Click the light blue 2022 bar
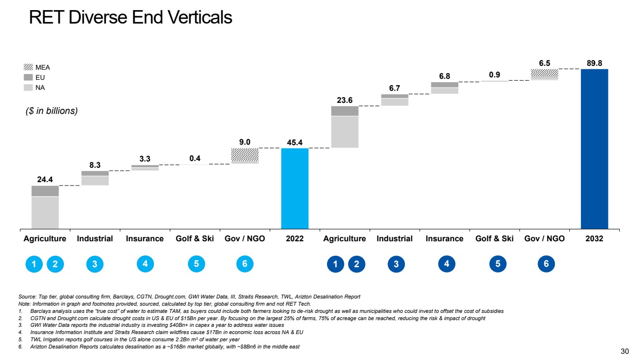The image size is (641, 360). (x=295, y=188)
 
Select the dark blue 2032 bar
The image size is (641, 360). (x=594, y=149)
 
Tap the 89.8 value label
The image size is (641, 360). (x=594, y=62)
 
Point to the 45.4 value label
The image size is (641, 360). (x=295, y=142)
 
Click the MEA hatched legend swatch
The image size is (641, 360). (x=28, y=67)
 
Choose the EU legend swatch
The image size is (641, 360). (x=28, y=77)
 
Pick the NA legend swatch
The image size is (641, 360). (x=28, y=87)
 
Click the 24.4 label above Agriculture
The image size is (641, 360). (x=45, y=179)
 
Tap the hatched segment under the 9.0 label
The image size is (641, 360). (x=245, y=155)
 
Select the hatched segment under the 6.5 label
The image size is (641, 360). (x=544, y=73)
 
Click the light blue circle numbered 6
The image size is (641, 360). (x=245, y=264)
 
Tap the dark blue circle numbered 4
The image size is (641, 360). (x=447, y=264)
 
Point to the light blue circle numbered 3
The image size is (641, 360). (x=95, y=264)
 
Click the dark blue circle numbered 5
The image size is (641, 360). (x=497, y=264)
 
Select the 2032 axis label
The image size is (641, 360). (x=594, y=239)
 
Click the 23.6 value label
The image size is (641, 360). (x=344, y=100)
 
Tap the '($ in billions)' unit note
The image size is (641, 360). (x=51, y=111)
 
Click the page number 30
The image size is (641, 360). (x=624, y=350)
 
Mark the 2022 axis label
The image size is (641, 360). (x=295, y=239)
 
